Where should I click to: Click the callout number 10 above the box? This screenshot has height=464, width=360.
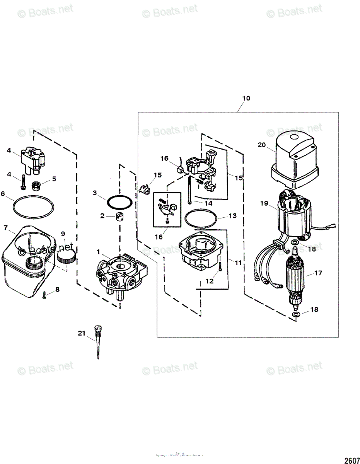[246, 98]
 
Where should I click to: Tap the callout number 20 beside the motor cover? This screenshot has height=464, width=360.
[262, 145]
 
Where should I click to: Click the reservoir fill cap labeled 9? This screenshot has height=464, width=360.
[65, 257]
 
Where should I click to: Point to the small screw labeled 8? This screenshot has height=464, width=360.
[45, 295]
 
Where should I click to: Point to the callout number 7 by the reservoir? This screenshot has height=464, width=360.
[5, 228]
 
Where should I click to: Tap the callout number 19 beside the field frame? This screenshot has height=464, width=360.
[264, 203]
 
